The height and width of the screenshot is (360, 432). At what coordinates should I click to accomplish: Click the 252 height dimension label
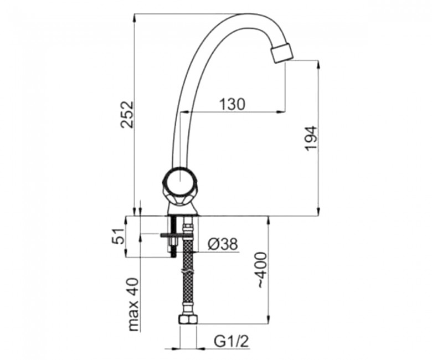point(127,114)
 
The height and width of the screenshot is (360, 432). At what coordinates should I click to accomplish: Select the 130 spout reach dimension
point(232,105)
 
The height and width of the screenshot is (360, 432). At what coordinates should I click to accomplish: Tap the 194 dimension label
point(311,138)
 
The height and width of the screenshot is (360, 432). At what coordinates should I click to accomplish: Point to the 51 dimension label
point(118,236)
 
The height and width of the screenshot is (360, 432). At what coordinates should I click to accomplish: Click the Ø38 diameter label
point(223,244)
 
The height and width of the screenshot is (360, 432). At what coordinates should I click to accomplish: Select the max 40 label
point(133,305)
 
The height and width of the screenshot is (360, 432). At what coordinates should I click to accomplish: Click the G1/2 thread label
point(232,342)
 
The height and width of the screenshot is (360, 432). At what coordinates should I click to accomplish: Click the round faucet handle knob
point(178,184)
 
